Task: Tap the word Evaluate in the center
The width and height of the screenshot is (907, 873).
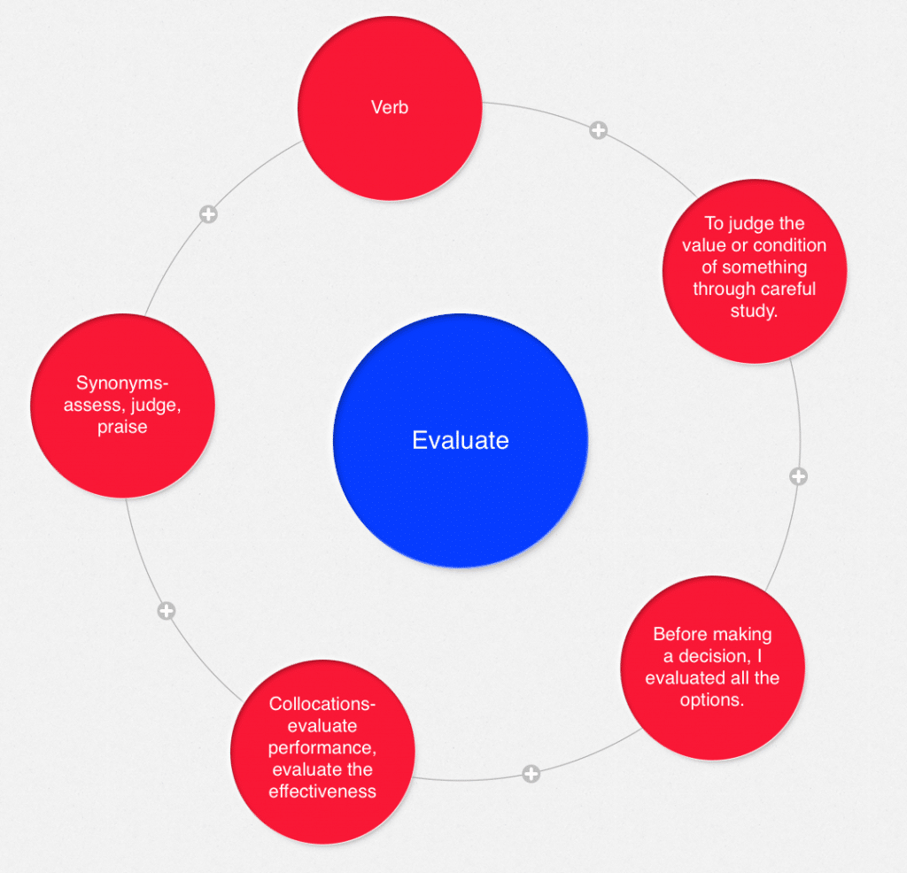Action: pyautogui.click(x=460, y=440)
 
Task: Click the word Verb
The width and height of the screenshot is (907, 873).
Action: pyautogui.click(x=390, y=108)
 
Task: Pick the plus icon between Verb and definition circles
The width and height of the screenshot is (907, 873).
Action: pyautogui.click(x=598, y=130)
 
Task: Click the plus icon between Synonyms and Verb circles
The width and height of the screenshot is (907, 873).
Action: pyautogui.click(x=207, y=214)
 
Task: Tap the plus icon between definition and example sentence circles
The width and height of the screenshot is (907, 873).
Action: pyautogui.click(x=798, y=476)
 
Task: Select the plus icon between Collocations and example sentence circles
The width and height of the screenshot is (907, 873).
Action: pyautogui.click(x=531, y=774)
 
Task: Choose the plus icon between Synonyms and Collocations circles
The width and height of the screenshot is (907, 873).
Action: pyautogui.click(x=166, y=611)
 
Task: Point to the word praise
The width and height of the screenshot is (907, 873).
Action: pyautogui.click(x=123, y=427)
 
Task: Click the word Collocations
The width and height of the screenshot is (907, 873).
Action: pyautogui.click(x=322, y=705)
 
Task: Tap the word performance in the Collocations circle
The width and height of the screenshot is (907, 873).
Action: pyautogui.click(x=322, y=748)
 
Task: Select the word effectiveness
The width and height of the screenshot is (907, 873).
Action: pyautogui.click(x=322, y=791)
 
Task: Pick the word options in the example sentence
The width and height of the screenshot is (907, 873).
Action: pyautogui.click(x=711, y=699)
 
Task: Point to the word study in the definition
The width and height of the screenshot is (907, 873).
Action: pyautogui.click(x=756, y=311)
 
